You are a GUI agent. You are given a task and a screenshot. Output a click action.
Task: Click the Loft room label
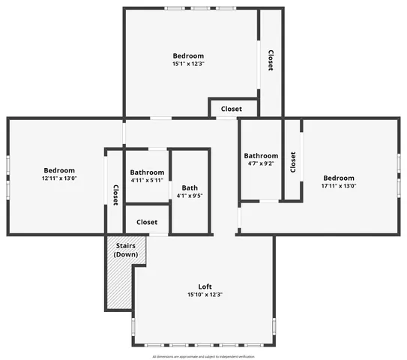(205, 286)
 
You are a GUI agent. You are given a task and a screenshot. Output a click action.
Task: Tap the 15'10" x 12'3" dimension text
(205, 295)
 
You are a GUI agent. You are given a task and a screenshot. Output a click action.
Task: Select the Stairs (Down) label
(125, 250)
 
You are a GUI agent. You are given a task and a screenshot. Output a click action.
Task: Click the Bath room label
(190, 187)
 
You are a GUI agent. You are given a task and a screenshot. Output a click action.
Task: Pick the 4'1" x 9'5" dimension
(190, 196)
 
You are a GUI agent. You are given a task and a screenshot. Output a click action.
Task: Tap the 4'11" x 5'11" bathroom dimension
(147, 180)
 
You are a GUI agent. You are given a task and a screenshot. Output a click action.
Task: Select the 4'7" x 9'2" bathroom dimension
(261, 163)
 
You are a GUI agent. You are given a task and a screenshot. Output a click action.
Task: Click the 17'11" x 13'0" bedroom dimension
(339, 186)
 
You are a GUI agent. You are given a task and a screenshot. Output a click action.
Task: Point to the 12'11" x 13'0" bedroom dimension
(59, 178)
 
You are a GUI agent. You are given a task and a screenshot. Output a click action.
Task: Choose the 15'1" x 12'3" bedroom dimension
(188, 64)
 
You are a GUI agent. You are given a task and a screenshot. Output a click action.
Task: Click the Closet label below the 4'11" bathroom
(147, 222)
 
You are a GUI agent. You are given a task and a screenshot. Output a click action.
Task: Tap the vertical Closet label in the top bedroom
(270, 60)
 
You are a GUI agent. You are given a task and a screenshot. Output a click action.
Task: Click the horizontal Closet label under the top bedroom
(232, 109)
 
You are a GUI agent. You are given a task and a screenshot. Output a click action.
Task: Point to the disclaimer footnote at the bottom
(203, 356)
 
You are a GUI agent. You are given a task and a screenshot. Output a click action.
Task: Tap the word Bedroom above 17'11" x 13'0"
(339, 178)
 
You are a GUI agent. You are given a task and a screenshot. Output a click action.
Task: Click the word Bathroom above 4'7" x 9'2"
(261, 155)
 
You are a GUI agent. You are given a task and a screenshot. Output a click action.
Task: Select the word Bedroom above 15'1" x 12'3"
(188, 55)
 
